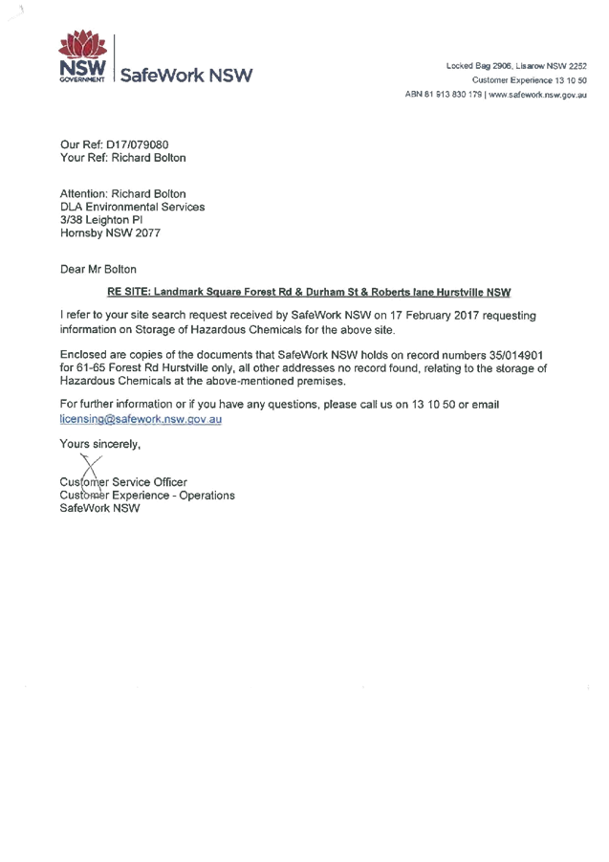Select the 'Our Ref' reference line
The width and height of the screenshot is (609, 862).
(114, 144)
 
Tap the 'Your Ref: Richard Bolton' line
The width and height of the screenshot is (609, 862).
(122, 158)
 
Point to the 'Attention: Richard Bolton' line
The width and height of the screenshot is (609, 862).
(122, 194)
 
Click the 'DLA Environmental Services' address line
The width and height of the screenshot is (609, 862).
(132, 207)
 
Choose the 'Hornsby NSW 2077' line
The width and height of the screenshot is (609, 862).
(110, 232)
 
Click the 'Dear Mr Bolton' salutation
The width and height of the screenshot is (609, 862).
(98, 270)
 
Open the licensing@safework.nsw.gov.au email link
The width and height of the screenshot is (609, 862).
(141, 419)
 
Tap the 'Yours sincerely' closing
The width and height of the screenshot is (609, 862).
(99, 444)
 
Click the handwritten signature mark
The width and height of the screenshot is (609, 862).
(91, 467)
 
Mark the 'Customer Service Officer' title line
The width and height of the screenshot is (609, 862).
(122, 482)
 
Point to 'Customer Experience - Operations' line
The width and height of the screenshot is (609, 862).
(146, 496)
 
